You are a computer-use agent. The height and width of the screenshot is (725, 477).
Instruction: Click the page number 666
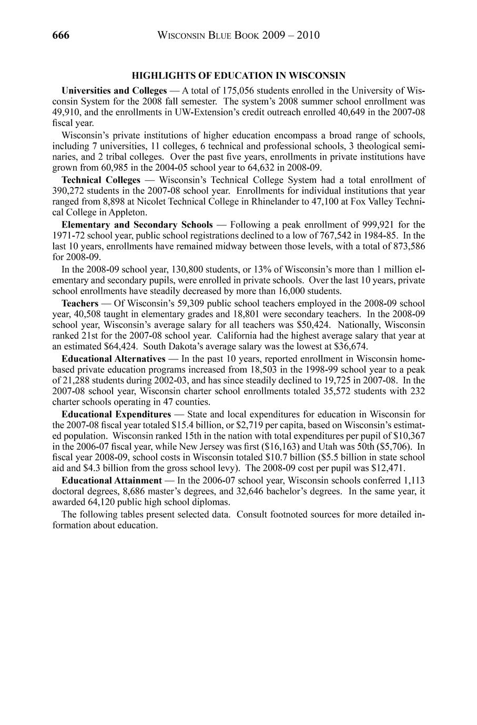(61, 36)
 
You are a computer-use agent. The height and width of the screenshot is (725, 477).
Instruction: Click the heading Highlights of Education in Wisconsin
(238, 76)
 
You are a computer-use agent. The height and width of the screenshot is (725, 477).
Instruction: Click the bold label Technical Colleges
(101, 180)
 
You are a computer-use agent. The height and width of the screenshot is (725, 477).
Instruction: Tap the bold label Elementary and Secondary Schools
(137, 225)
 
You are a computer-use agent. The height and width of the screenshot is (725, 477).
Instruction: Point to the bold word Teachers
(80, 303)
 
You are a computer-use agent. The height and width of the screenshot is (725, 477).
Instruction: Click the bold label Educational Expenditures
(116, 415)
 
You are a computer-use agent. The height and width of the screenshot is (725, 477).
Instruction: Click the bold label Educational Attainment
(111, 480)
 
